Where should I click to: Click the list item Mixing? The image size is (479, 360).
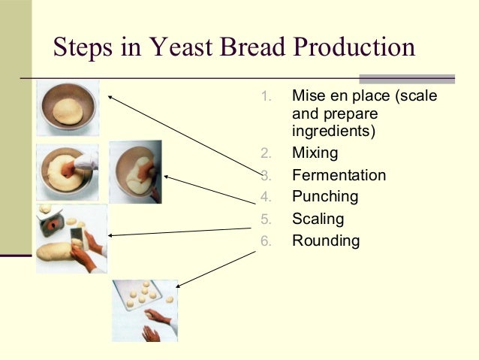tap(315, 153)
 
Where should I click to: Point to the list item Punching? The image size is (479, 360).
tap(325, 197)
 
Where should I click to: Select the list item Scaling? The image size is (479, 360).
tap(318, 219)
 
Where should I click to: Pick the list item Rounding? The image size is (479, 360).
tap(326, 241)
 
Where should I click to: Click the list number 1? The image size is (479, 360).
tap(265, 97)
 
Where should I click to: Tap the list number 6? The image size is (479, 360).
tap(265, 241)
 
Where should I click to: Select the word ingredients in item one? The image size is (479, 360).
tap(333, 131)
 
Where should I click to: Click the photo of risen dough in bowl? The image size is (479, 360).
tap(68, 107)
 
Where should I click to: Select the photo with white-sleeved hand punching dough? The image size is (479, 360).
tap(68, 171)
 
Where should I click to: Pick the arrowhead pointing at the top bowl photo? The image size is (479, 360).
tap(110, 96)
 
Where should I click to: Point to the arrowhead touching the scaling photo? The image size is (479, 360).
tap(111, 234)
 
